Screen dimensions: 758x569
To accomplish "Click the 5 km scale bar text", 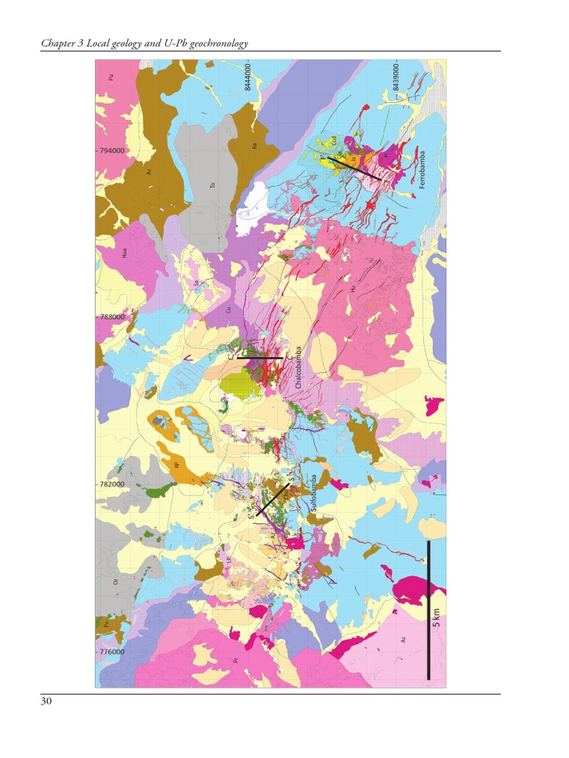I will point(436,615).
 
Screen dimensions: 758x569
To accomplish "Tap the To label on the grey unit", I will point(213,185).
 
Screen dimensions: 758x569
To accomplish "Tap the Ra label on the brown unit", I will point(254,146).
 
